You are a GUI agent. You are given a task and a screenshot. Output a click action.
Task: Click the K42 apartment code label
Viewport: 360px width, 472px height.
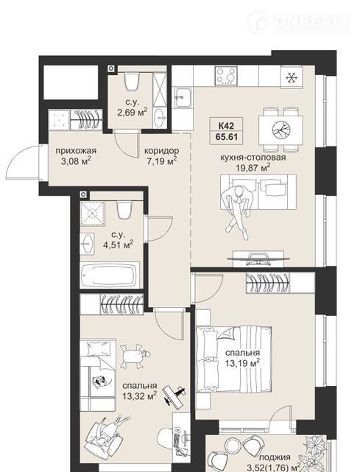point(226,125)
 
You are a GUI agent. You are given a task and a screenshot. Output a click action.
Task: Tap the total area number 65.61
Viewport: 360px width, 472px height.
point(226,137)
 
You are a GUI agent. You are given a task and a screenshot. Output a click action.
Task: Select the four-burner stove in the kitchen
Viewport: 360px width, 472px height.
point(226,76)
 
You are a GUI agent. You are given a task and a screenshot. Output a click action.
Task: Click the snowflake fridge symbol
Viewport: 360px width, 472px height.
point(291,78)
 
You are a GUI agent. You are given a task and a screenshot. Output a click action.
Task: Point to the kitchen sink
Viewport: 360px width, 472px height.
point(183,97)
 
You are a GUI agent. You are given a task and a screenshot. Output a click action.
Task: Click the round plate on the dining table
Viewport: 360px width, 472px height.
point(281,130)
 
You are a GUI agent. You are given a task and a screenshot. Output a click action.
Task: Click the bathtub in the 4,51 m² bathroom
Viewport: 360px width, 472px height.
point(110,275)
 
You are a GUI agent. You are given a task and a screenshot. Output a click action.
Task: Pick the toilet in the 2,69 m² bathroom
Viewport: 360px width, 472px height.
point(132,81)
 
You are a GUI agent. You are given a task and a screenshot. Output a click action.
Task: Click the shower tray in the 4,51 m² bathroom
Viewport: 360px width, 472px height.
point(93,214)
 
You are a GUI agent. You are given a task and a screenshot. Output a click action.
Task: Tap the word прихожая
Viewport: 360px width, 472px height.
point(76,150)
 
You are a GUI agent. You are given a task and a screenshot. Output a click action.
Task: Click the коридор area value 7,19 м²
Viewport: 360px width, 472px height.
point(162,161)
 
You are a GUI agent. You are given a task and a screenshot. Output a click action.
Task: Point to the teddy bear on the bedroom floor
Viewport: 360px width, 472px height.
point(135,356)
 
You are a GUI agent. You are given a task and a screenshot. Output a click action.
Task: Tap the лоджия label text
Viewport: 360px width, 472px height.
point(275,457)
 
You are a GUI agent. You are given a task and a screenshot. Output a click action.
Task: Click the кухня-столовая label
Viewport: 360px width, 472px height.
point(253,157)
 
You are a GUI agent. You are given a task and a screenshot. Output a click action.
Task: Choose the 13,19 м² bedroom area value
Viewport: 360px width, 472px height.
point(243,363)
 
